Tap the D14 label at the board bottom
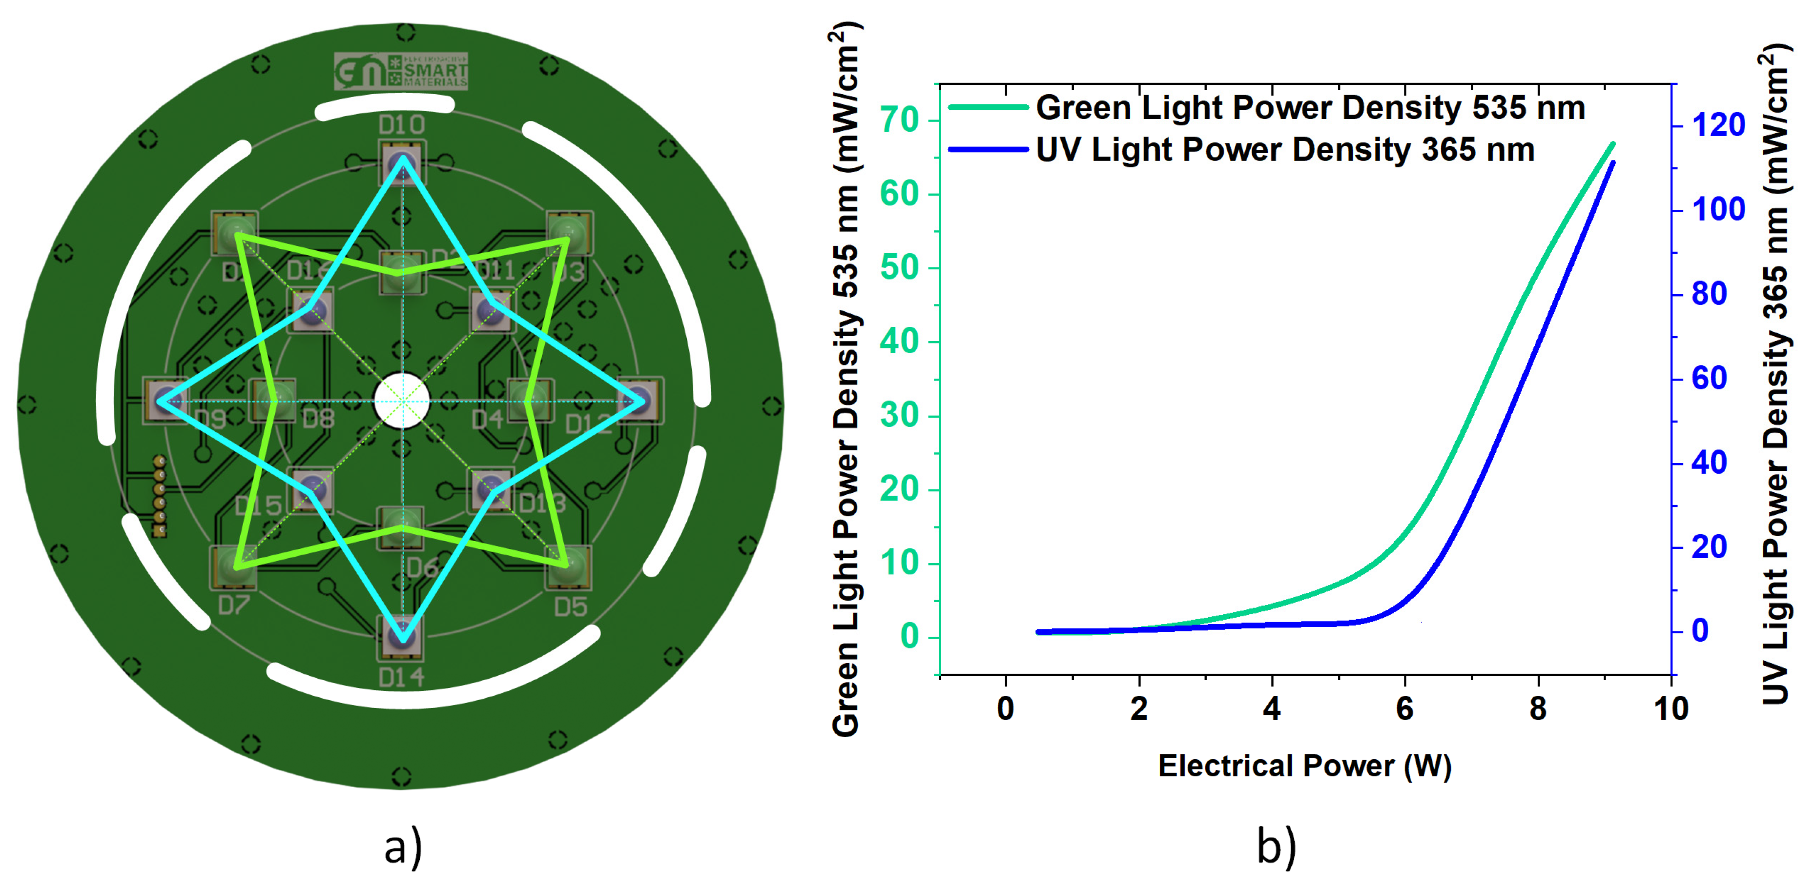click(x=402, y=677)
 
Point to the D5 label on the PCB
click(x=570, y=606)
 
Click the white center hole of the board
click(x=402, y=402)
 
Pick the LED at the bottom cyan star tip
click(x=402, y=636)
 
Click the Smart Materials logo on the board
click(x=401, y=71)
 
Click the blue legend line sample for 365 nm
click(x=988, y=149)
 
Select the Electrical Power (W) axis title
click(x=1304, y=766)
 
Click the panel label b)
click(x=1276, y=847)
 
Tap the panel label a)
click(x=403, y=847)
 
